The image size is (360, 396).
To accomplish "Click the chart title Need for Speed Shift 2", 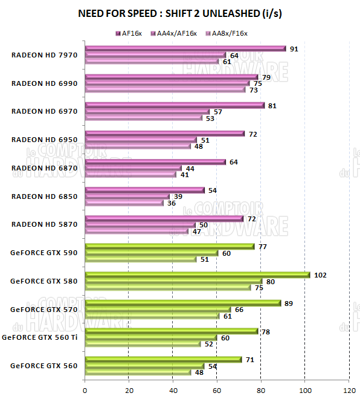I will tap(180, 13).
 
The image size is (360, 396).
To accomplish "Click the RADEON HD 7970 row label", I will tap(44, 55).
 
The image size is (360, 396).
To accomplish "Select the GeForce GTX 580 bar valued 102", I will tap(197, 274).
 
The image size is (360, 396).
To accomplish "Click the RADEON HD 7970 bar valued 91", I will tap(185, 48).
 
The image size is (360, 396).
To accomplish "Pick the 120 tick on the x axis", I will tap(349, 389).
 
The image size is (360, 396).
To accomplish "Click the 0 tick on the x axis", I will tap(85, 389).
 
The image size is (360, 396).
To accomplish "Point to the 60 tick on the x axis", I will tap(217, 389).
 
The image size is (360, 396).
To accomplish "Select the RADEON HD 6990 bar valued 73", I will tap(165, 89).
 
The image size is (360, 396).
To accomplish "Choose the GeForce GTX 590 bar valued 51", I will tap(141, 259).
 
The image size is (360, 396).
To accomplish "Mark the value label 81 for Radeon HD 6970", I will tap(272, 106).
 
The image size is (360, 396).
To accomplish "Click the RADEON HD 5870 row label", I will tap(44, 224).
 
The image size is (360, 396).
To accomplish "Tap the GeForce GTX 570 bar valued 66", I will tap(158, 310).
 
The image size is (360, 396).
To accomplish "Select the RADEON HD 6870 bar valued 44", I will tap(133, 168).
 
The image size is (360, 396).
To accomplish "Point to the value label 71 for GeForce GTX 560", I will tap(250, 360).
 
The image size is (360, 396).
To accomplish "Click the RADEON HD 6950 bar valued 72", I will tap(164, 134).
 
